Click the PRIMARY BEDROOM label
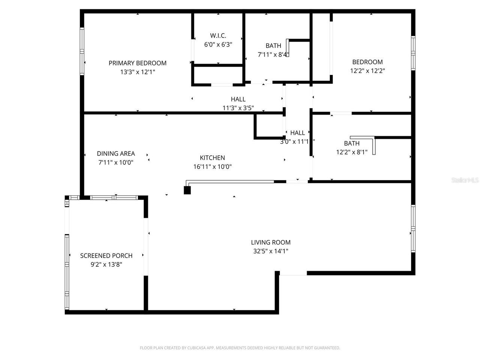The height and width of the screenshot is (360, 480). click(137, 63)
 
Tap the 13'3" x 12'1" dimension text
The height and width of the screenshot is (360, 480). click(137, 72)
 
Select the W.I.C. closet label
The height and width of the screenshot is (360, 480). click(218, 36)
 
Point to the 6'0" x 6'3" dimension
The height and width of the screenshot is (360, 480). click(218, 45)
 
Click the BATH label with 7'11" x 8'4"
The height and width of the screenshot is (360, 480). click(273, 46)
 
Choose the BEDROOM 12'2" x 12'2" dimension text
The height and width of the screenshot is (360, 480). click(367, 71)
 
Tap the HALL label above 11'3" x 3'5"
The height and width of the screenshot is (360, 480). click(238, 99)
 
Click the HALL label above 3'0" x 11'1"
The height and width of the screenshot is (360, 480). click(297, 133)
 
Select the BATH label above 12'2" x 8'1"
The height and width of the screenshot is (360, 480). click(351, 143)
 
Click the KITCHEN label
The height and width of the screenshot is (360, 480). click(212, 158)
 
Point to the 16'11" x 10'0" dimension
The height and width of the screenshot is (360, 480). click(212, 167)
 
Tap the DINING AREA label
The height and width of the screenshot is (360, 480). click(115, 153)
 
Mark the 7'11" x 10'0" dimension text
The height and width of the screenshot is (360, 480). click(115, 162)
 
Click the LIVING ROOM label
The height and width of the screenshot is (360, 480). click(270, 242)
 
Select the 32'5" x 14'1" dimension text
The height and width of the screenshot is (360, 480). click(270, 251)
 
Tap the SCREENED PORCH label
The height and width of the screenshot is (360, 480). click(106, 256)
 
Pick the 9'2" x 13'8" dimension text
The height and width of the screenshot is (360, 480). click(106, 265)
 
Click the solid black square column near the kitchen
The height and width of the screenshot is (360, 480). click(187, 190)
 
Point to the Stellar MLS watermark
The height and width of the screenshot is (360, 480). click(465, 180)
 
